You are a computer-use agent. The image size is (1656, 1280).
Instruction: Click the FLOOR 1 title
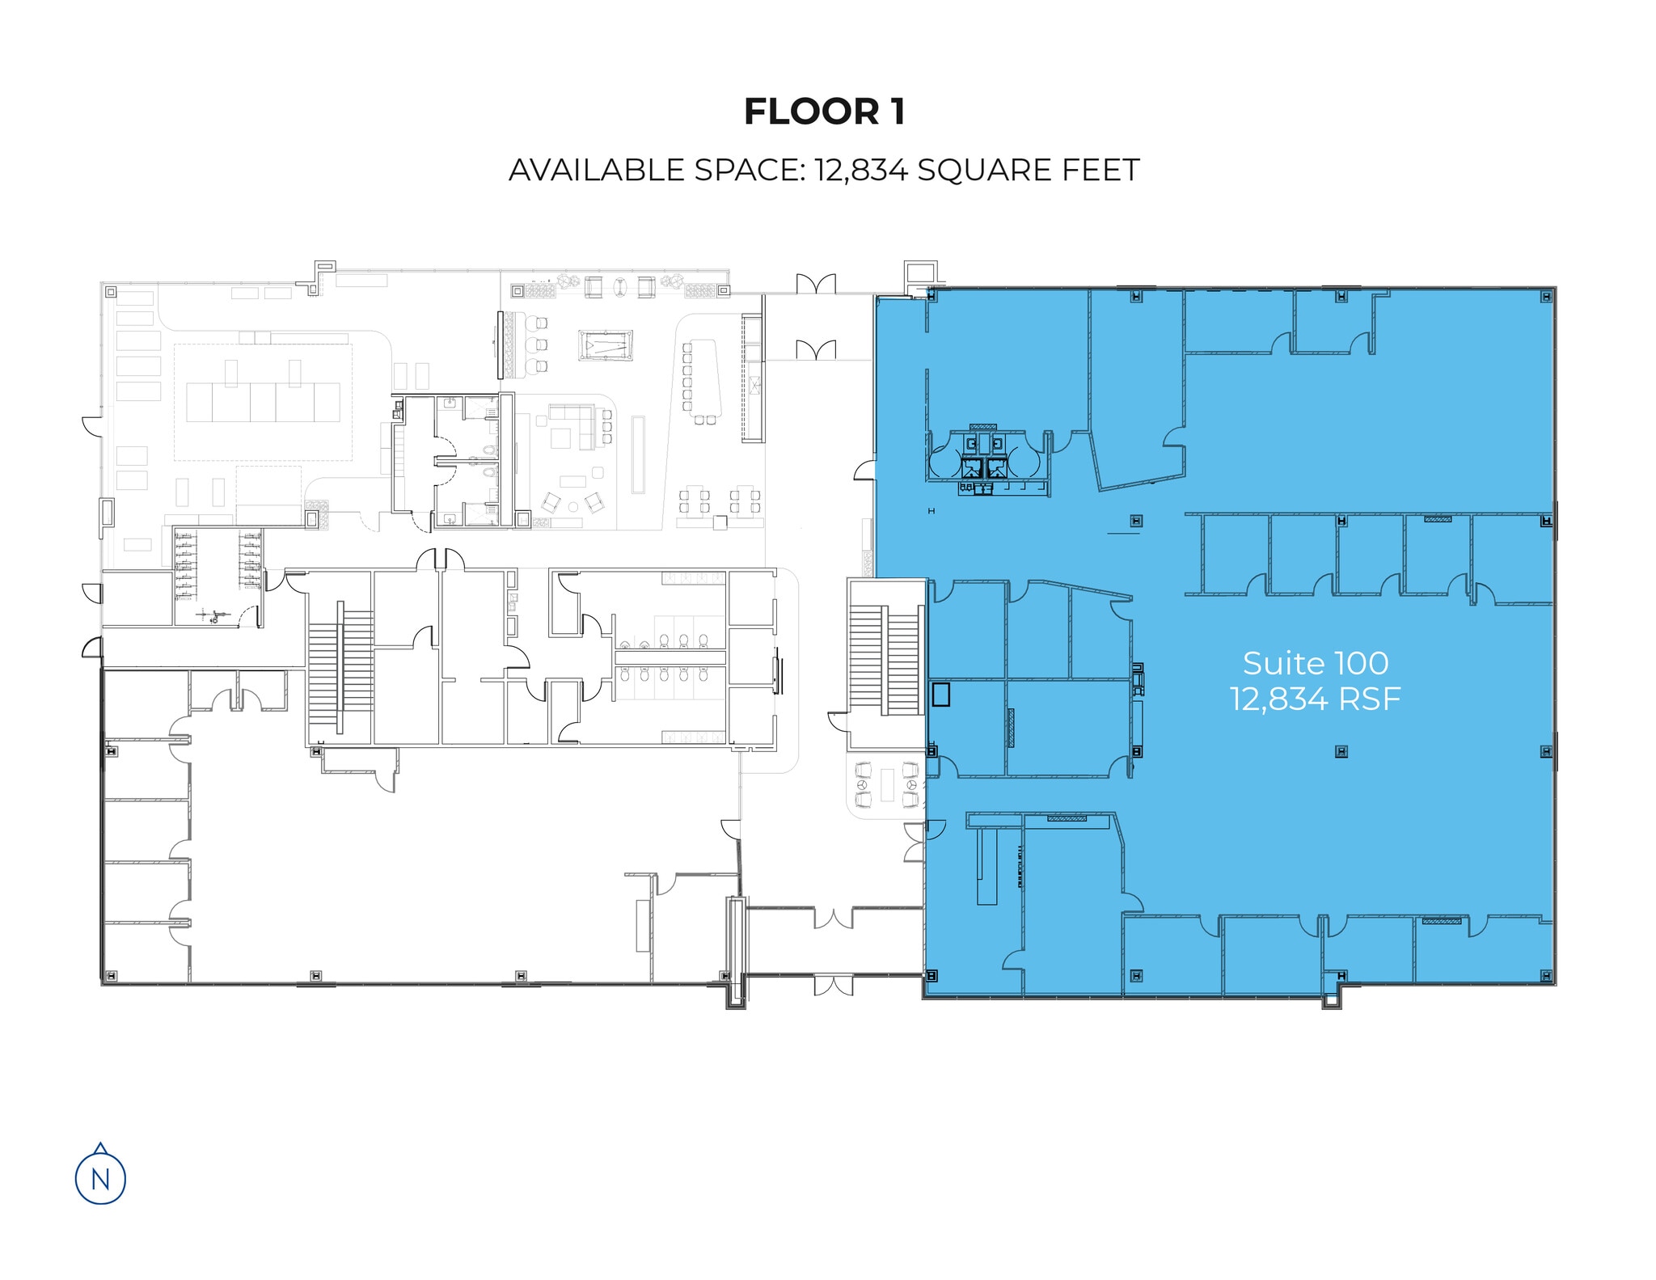(824, 112)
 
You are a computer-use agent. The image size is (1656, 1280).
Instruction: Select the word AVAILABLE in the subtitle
(596, 171)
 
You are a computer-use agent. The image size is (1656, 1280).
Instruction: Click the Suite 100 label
(1316, 664)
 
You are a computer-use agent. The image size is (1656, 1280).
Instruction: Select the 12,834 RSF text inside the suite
(1316, 699)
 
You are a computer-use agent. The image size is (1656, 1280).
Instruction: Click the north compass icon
(100, 1175)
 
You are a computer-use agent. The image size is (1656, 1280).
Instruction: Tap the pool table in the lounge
(606, 346)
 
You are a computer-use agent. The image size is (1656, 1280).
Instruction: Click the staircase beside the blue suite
(885, 659)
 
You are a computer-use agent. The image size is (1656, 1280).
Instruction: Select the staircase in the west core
(340, 667)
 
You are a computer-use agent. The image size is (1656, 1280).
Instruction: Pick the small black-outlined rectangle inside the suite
(940, 695)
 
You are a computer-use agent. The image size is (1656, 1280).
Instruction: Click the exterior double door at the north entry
(815, 285)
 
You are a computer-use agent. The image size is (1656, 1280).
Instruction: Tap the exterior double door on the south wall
(834, 986)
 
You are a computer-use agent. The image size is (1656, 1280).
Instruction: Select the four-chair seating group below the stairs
(887, 785)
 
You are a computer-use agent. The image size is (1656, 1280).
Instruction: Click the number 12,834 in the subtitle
(860, 171)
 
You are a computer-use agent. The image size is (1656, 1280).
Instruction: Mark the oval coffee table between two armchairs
(620, 287)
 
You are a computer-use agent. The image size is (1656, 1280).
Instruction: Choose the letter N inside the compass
(100, 1180)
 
